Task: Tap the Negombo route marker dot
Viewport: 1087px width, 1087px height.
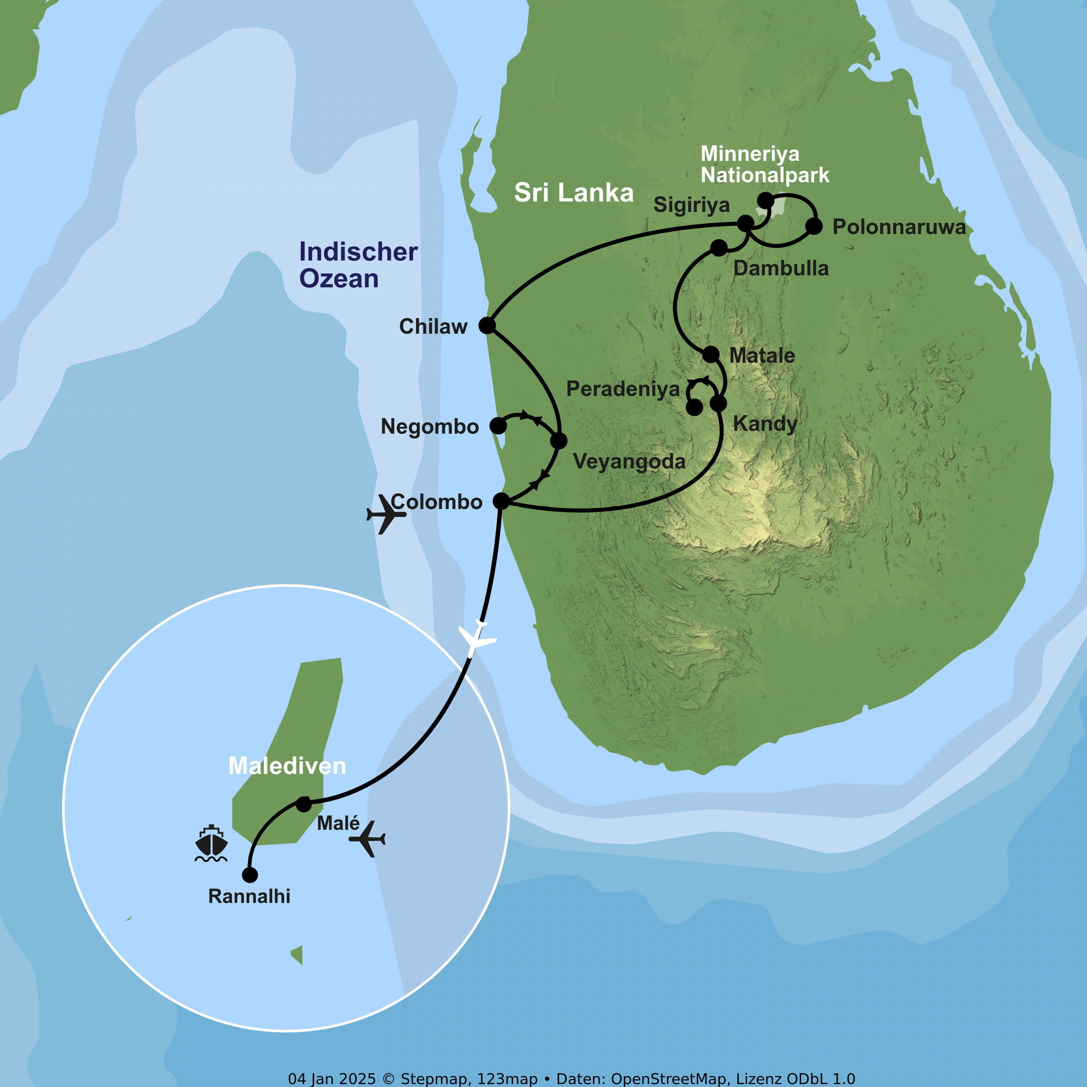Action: point(498,425)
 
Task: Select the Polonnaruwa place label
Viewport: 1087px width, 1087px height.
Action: point(899,227)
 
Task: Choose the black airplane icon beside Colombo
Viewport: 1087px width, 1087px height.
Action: point(386,514)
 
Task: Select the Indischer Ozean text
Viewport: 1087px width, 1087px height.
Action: point(358,265)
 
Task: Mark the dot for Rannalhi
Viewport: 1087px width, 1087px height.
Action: point(250,875)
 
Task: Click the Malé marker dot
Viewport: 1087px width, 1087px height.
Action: point(304,804)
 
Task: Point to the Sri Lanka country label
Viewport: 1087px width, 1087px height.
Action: point(574,192)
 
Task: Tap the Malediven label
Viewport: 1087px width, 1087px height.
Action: point(287,766)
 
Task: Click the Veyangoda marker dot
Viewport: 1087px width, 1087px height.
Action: point(559,441)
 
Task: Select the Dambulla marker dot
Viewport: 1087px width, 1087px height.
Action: point(719,247)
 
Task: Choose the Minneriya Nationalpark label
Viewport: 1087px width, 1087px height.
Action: point(765,164)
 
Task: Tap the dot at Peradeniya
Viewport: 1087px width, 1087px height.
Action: point(694,407)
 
